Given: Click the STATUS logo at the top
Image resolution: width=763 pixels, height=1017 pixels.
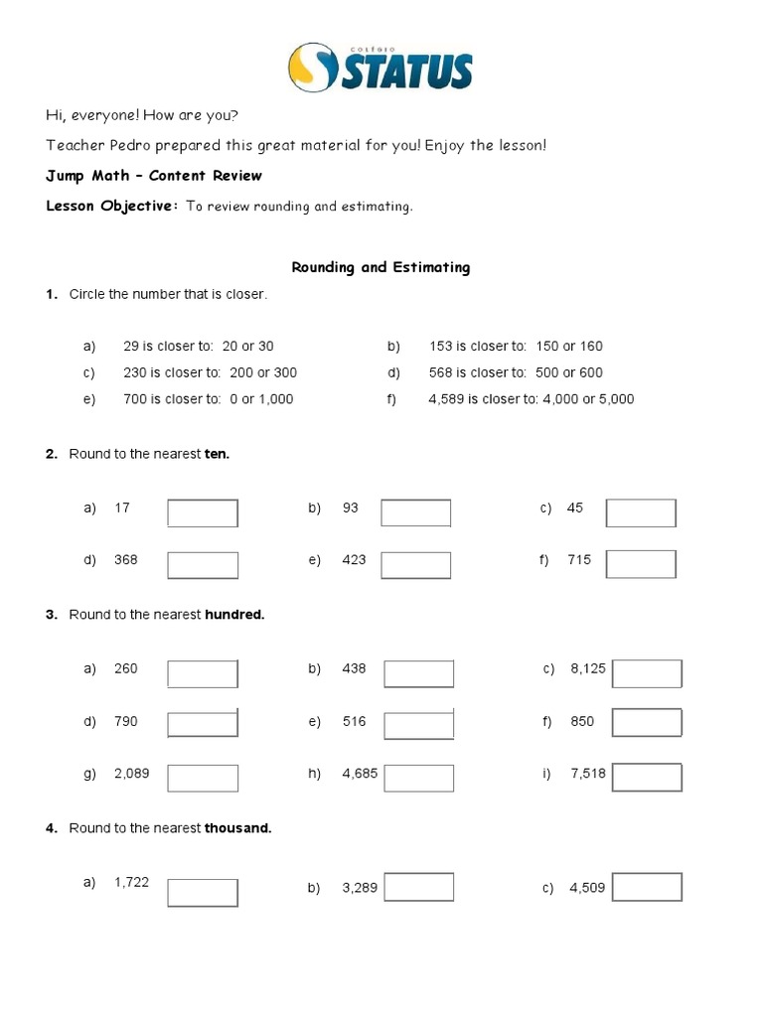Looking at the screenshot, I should pos(381,67).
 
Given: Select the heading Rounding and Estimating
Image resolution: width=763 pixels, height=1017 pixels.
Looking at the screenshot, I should pos(381,267).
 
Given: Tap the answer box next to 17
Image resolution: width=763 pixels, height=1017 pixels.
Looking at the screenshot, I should pos(203,513).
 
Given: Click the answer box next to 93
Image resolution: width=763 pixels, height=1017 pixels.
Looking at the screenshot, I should pos(416,513).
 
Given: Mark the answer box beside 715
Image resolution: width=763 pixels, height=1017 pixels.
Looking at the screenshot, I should pos(641,565).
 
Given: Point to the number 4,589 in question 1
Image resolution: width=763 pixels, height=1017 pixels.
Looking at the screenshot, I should pos(446,399).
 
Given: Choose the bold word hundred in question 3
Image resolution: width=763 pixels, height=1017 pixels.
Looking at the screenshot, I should pos(234,615).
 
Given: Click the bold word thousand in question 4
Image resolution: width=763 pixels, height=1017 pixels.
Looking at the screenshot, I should pos(237,828).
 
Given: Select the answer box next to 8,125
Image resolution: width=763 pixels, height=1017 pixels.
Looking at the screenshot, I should pos(647,674).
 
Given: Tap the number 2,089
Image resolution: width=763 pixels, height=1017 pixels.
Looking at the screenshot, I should pos(132,773).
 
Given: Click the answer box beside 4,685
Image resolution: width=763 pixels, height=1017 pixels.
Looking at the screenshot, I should pos(418,779).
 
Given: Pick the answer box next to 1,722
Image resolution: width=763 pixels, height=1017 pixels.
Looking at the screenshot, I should pos(203,893).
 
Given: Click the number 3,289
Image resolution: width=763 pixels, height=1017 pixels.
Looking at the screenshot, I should pos(360,888).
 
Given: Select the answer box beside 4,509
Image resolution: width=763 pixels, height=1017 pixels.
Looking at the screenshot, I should pos(647,888).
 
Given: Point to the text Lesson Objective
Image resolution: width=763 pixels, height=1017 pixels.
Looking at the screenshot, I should pos(111,207).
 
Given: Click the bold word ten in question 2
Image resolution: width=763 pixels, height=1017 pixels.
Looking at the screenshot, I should pos(217,454).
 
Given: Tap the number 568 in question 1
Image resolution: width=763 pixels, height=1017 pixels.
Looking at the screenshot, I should pos(440,372).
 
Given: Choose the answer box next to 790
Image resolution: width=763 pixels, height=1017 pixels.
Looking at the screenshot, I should pos(203,723).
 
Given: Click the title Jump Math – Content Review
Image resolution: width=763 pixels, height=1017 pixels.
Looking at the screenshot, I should pos(154,176).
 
